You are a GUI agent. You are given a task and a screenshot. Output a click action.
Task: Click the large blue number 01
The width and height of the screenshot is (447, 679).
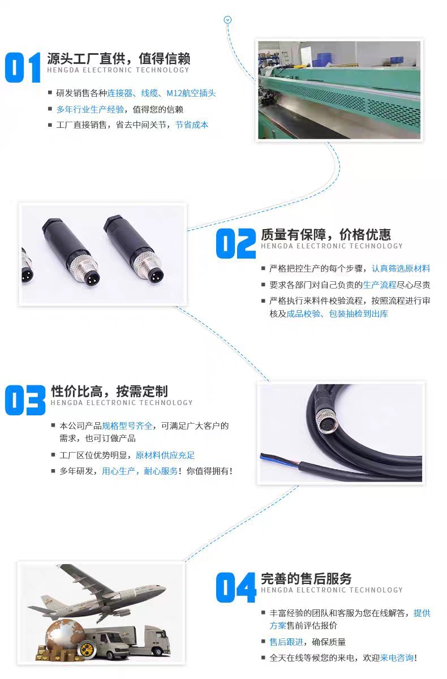[23, 67]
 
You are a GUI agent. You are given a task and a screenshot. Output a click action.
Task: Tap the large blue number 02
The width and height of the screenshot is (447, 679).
[236, 243]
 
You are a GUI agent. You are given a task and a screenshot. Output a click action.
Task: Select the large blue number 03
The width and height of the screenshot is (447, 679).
[25, 400]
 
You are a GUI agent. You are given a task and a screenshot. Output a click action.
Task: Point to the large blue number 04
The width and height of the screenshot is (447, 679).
[236, 587]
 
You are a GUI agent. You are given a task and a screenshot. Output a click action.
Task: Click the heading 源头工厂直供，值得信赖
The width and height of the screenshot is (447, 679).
[118, 58]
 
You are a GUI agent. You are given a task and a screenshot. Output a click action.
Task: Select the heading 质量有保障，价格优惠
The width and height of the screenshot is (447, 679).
[326, 234]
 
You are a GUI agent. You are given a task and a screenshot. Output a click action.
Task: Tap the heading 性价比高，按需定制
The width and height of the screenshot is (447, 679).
[109, 391]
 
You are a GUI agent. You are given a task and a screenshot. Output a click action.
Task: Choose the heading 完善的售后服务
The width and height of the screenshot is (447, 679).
[306, 579]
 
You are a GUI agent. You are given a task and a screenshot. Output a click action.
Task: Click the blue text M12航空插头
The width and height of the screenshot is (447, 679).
[191, 93]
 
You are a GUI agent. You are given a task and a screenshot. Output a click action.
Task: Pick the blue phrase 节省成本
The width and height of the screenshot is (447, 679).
[192, 124]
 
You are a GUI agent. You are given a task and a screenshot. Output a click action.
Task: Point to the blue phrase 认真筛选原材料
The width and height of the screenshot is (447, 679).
[401, 268]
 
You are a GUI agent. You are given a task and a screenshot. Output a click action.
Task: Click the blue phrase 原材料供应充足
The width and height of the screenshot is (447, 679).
[165, 455]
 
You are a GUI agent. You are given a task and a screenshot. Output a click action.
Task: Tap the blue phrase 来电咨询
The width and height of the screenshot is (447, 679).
[397, 657]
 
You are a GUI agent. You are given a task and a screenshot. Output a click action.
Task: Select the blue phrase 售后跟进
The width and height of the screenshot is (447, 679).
[286, 642]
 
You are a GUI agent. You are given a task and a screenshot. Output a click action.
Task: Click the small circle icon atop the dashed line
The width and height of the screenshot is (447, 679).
[228, 20]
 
